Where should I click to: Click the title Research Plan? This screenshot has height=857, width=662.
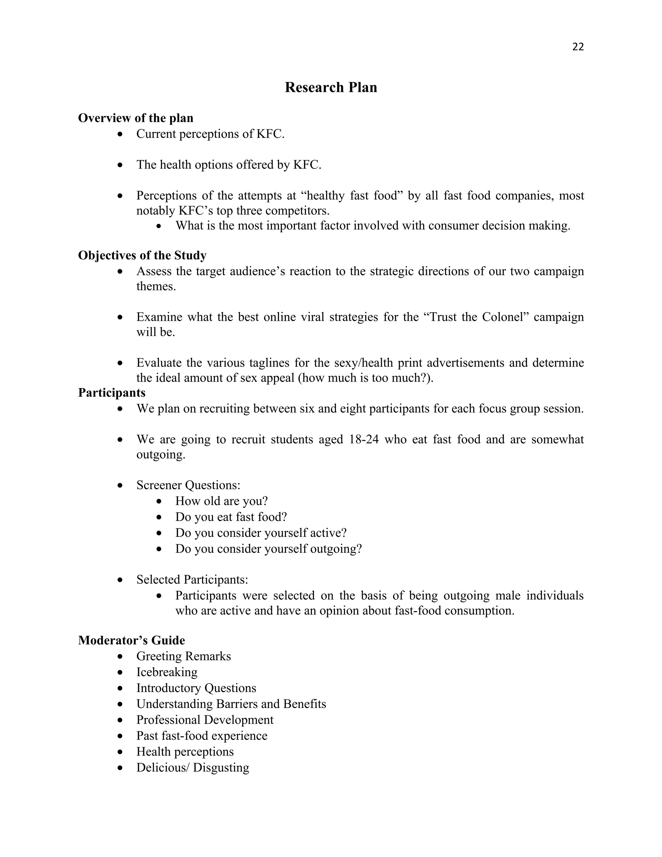click(x=331, y=87)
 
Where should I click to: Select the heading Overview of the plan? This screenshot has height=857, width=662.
click(x=135, y=118)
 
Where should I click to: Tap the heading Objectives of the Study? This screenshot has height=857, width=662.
click(x=142, y=255)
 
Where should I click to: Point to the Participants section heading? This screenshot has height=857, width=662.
click(x=112, y=392)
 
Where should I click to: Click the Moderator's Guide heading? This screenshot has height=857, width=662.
click(x=131, y=640)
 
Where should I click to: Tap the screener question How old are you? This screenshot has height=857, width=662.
click(x=221, y=501)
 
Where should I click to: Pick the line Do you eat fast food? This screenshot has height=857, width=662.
click(x=231, y=517)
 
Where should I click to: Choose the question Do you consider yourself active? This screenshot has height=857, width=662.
click(x=261, y=533)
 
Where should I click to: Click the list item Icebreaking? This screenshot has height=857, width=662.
click(x=167, y=672)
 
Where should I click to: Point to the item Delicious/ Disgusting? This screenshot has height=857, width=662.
click(x=193, y=767)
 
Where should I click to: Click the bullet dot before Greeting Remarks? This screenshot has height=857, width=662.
click(x=120, y=656)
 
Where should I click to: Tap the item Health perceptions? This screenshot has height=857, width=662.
click(x=185, y=752)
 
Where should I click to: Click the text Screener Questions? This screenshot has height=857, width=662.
click(x=188, y=485)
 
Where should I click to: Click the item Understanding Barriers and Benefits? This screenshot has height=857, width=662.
click(x=231, y=704)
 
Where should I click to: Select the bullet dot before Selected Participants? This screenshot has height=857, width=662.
click(x=120, y=580)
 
